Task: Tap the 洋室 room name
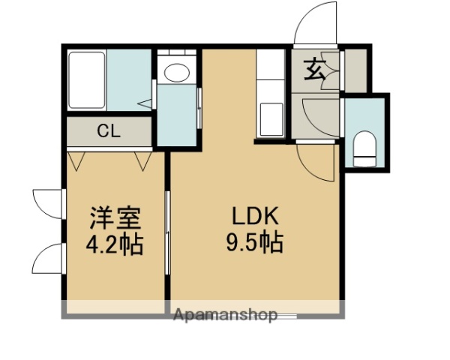click(x=115, y=220)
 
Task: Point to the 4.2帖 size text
click(x=115, y=245)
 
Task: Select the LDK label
click(x=255, y=218)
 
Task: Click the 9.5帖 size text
click(x=255, y=243)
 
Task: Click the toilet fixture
click(x=364, y=148)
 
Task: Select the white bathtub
click(x=87, y=79)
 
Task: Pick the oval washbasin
click(x=177, y=73)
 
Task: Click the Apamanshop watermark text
click(x=225, y=314)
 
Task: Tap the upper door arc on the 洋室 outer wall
click(x=47, y=203)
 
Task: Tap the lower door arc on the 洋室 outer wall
click(x=47, y=259)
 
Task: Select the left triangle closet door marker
click(x=76, y=160)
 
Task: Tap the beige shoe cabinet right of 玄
click(x=354, y=68)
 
